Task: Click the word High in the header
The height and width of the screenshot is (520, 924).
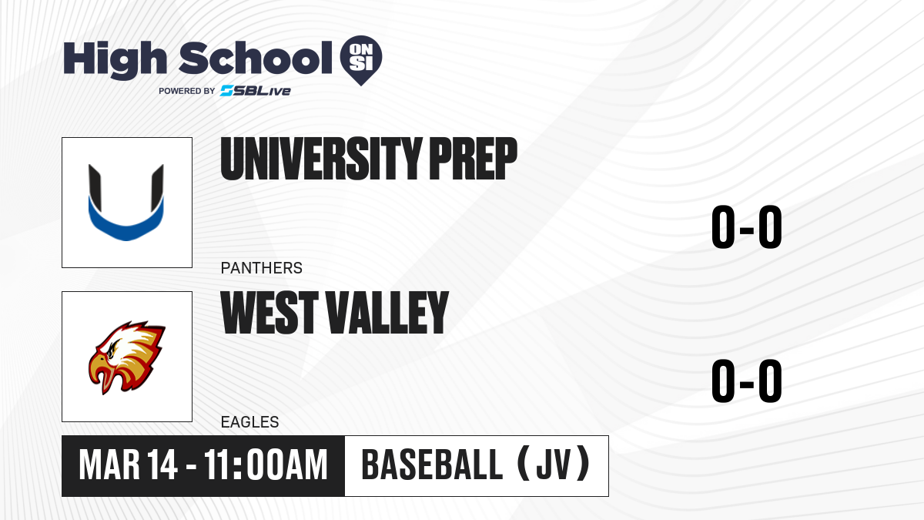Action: [x=115, y=59]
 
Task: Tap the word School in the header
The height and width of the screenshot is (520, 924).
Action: [x=256, y=58]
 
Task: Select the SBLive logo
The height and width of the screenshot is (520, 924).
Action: [x=256, y=91]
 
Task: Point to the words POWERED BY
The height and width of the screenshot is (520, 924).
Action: [x=187, y=91]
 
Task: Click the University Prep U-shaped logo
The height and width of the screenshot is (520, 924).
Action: [x=126, y=202]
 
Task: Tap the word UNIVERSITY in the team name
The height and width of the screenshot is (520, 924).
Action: [x=321, y=159]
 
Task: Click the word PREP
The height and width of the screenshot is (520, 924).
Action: [x=473, y=159]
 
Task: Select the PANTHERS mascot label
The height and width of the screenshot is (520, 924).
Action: [x=262, y=268]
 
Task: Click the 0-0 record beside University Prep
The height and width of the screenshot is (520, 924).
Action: [x=747, y=227]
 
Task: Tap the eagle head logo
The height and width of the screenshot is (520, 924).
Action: [x=127, y=357]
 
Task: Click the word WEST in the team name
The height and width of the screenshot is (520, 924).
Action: [x=269, y=313]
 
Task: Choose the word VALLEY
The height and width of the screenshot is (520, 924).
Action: [x=388, y=313]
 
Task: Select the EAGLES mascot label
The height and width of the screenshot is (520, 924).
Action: [x=250, y=422]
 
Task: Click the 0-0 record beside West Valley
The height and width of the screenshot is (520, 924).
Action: [x=747, y=381]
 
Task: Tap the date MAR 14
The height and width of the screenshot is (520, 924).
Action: [x=129, y=465]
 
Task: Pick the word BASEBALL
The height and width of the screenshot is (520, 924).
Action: [x=432, y=465]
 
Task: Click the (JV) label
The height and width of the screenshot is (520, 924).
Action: [x=554, y=464]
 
